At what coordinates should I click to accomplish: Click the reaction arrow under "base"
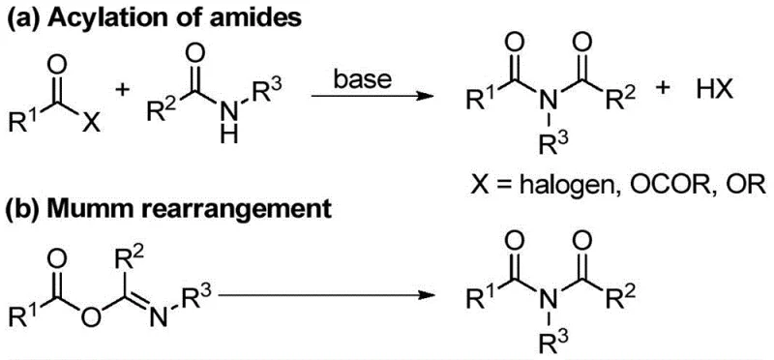click(358, 97)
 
